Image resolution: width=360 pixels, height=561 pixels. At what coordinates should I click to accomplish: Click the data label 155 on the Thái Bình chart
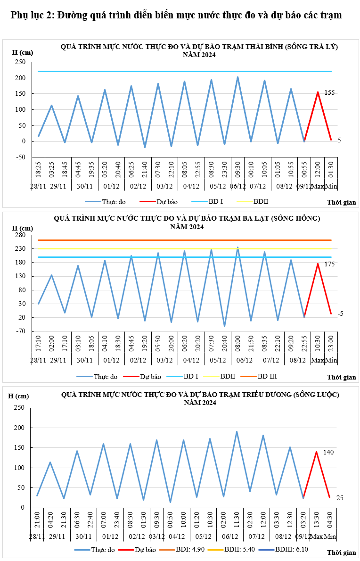coord(329,93)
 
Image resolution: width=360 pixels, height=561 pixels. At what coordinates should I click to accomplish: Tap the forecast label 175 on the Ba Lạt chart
coord(329,264)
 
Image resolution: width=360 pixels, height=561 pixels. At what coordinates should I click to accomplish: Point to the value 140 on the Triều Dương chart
coord(328,452)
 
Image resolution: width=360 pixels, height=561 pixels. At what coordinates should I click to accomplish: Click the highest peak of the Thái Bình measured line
coord(237,77)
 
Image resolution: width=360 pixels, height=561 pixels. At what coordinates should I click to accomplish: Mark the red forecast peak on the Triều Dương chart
coord(316,452)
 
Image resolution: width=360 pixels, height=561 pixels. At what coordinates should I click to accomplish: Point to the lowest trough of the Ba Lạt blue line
coord(225,326)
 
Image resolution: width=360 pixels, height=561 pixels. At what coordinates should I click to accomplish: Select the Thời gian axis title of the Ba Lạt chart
coord(342,377)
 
